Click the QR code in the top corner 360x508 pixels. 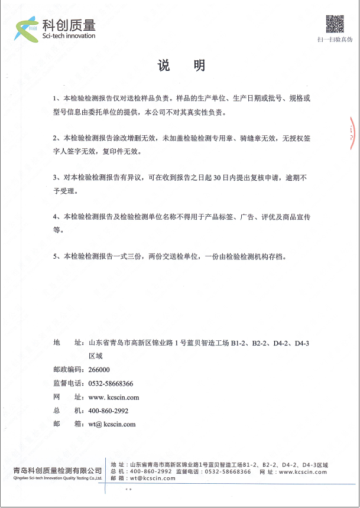click(335, 24)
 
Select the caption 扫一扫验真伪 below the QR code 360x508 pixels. click(335, 40)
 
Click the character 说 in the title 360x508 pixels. click(164, 66)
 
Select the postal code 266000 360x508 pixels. click(99, 370)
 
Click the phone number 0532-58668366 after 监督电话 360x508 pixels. click(111, 383)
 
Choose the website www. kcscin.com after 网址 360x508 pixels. click(113, 397)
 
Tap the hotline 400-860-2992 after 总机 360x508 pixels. click(108, 411)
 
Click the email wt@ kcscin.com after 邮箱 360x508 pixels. click(112, 424)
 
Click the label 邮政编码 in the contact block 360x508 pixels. click(68, 370)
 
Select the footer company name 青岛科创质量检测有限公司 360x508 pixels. click(57, 471)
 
